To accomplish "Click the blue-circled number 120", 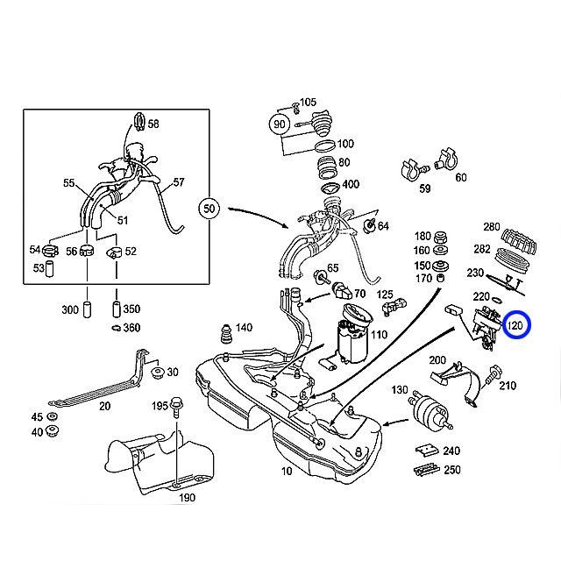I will click(x=515, y=326).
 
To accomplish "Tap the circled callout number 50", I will click(x=209, y=209).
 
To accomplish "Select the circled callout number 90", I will click(x=280, y=124).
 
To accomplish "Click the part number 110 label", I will click(x=378, y=335).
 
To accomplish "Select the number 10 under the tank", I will click(x=286, y=472).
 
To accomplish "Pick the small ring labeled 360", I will click(x=115, y=328).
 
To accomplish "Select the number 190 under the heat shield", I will click(x=188, y=498).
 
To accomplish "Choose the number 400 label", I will click(x=350, y=184).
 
